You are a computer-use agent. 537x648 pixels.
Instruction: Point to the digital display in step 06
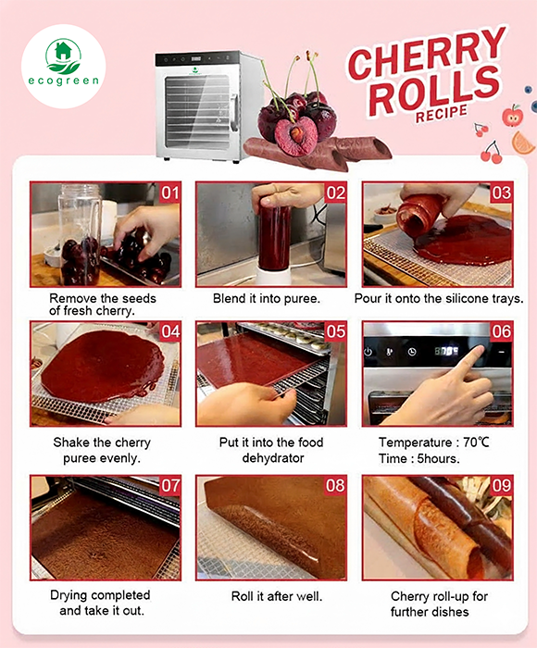pos(447,352)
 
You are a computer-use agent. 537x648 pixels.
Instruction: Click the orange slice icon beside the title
pos(523,143)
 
